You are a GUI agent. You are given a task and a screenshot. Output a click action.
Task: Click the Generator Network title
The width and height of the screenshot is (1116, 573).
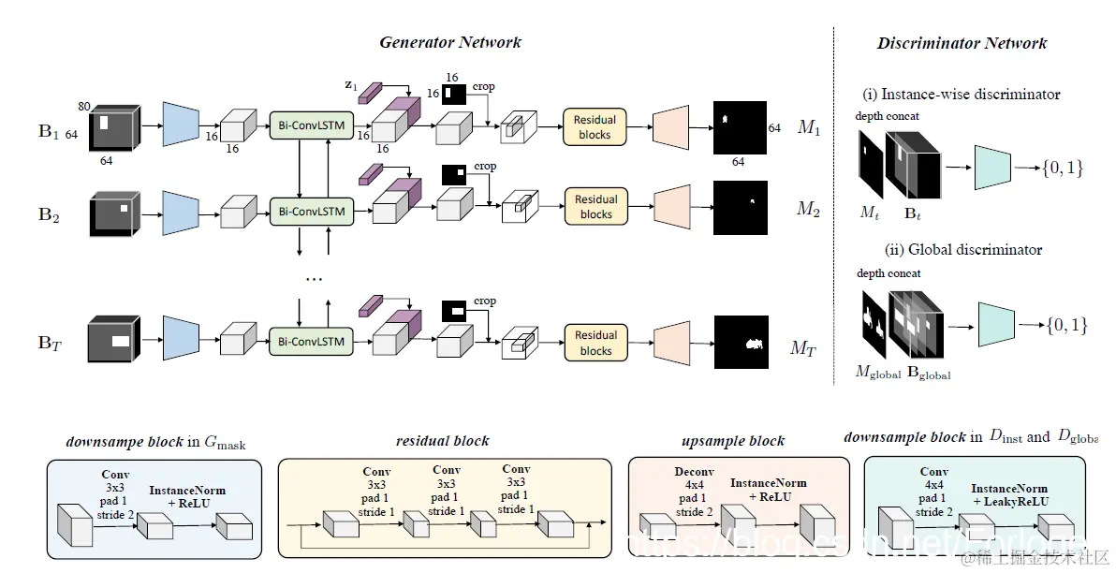[450, 42]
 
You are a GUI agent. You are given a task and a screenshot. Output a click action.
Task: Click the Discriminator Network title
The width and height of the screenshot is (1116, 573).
[962, 43]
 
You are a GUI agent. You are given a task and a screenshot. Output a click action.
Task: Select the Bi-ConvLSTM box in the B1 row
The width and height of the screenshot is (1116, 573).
[312, 125]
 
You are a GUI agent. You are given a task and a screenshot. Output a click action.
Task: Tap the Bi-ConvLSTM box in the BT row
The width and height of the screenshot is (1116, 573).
[312, 342]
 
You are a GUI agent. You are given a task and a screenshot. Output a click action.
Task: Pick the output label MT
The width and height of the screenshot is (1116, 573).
[802, 349]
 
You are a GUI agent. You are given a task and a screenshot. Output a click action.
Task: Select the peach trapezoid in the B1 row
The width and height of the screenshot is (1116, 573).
[669, 126]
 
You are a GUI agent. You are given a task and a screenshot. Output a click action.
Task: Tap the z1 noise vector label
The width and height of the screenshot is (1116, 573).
[351, 85]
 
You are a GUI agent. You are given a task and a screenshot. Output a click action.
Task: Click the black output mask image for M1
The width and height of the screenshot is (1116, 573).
[740, 127]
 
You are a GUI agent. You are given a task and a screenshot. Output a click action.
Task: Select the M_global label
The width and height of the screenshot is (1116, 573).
[877, 374]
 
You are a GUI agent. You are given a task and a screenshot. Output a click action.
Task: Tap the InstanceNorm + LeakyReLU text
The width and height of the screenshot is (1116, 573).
[1009, 495]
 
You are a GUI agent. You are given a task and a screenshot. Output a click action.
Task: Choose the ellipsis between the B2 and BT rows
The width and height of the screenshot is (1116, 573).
[315, 279]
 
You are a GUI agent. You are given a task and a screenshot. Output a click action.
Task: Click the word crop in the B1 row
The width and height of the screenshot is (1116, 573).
[484, 87]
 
